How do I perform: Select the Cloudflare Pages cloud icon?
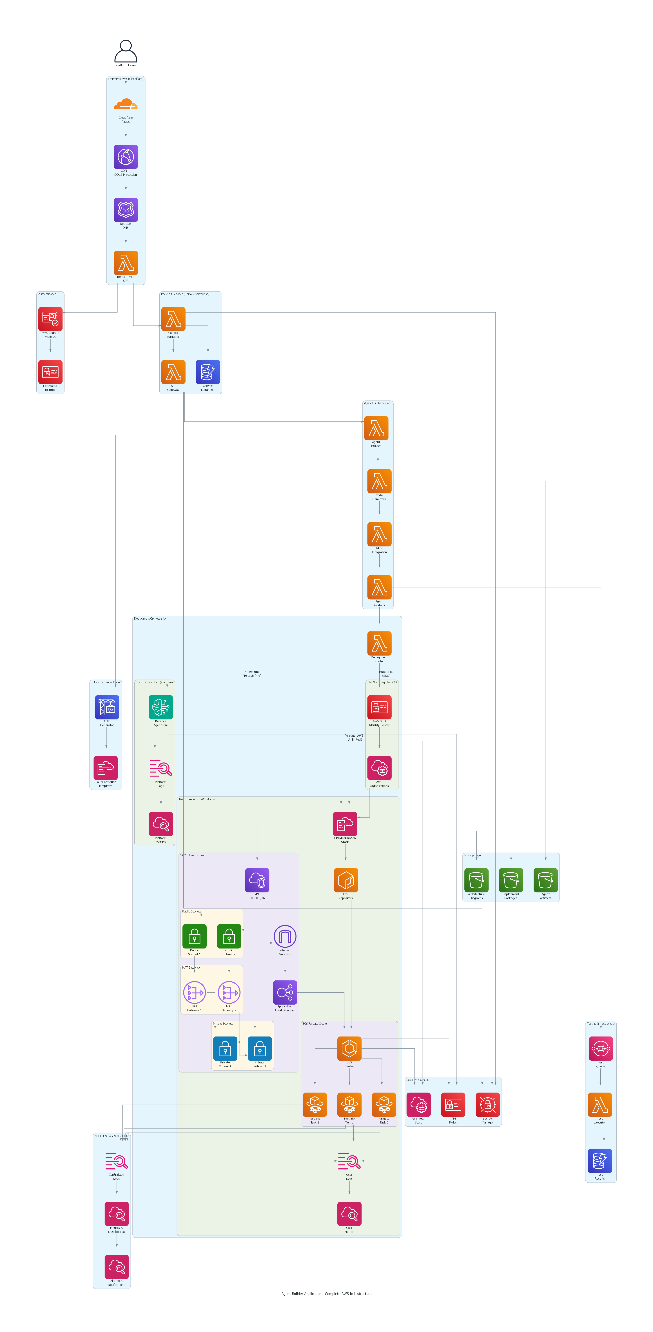point(126,104)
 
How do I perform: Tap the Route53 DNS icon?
point(126,209)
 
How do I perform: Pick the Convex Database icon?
point(208,372)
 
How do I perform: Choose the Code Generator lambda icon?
point(379,481)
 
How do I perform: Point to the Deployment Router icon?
point(379,643)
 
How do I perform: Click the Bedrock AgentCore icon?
point(161,707)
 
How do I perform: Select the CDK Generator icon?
point(107,707)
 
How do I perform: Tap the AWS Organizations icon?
point(379,768)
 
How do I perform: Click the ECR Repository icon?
point(346,880)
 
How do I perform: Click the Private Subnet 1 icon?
point(225,1048)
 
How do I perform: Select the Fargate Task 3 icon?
point(384,1105)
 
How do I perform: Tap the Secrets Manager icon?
point(487,1105)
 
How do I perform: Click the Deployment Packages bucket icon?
point(510,880)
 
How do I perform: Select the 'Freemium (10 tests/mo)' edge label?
point(252,673)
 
